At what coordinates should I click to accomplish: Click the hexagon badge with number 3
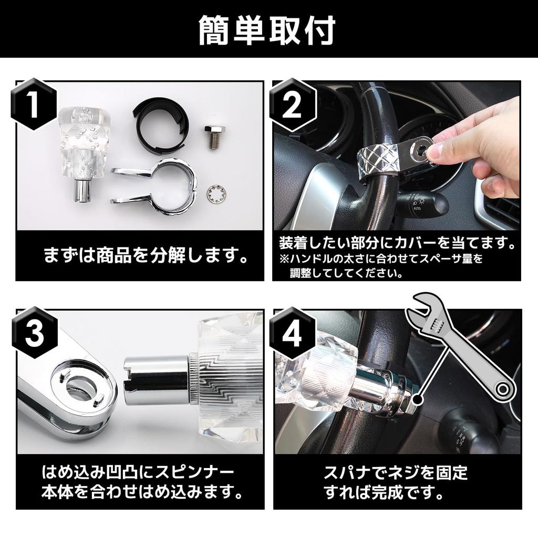tap(34, 335)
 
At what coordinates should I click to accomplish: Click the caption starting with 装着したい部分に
tap(396, 244)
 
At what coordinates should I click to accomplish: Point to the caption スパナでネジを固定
tap(396, 472)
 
